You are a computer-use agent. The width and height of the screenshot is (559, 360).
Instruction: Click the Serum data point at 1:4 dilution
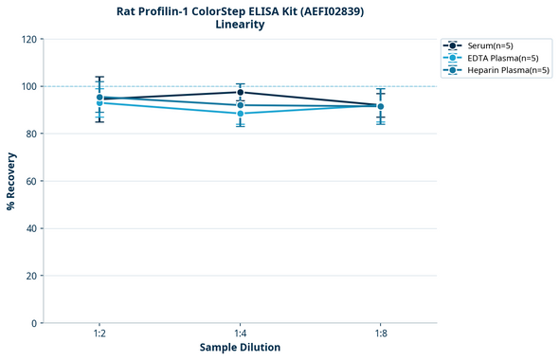click(x=240, y=92)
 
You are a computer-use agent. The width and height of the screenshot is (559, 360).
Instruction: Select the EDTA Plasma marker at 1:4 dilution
click(x=240, y=114)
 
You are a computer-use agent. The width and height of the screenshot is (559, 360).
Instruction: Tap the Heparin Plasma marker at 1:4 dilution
click(x=240, y=105)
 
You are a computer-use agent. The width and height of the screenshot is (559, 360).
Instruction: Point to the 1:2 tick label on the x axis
click(x=99, y=334)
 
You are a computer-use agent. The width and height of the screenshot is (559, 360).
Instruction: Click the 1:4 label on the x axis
click(x=240, y=334)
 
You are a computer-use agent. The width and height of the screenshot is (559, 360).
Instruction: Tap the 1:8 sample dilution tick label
click(x=380, y=334)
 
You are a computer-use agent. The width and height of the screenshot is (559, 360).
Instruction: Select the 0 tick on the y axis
click(x=34, y=323)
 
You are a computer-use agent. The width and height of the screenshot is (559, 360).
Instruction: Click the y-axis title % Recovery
click(x=11, y=181)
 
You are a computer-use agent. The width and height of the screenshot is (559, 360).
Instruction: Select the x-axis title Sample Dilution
click(x=240, y=348)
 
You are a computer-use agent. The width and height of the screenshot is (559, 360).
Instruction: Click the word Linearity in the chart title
click(x=240, y=25)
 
